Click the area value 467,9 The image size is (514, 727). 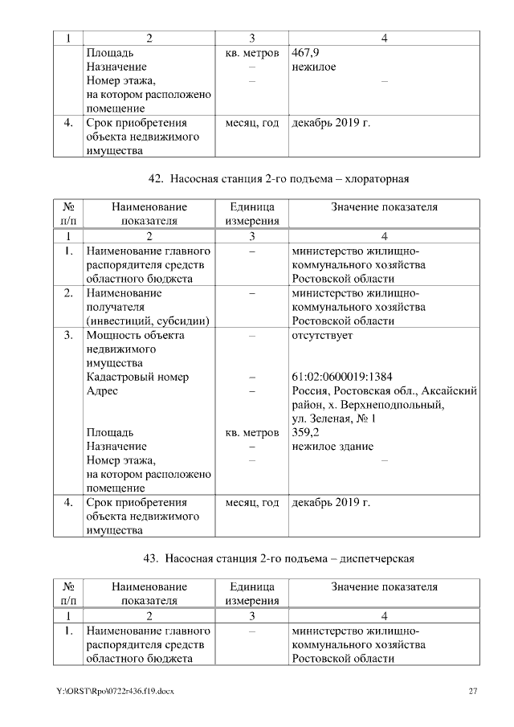point(305,53)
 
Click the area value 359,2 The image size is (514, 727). point(306,432)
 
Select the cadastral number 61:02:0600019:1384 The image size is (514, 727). point(341,377)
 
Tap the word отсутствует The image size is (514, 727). point(322,335)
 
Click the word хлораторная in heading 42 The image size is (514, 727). point(381,178)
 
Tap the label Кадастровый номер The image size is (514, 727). point(137,377)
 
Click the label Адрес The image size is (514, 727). point(101,391)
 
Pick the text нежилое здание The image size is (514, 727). point(332,447)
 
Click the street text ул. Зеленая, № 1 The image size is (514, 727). point(334,419)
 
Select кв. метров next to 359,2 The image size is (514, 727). point(252,432)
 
